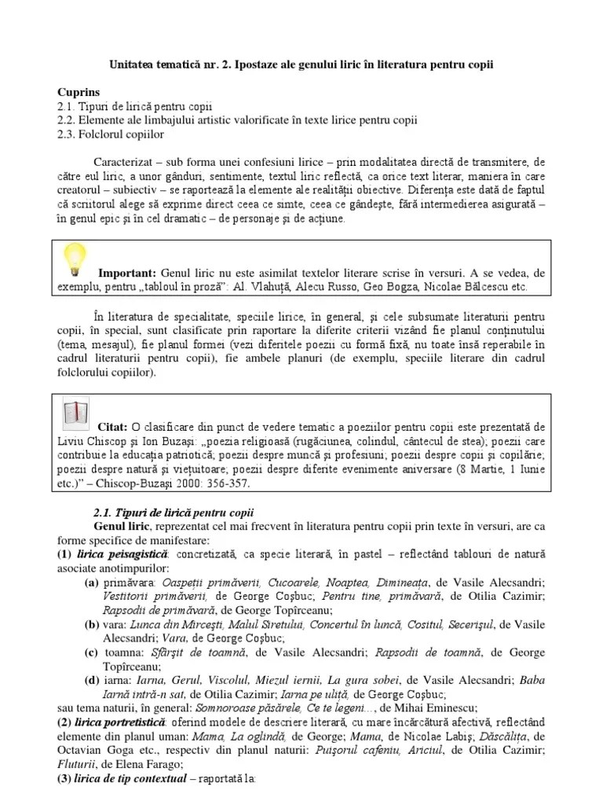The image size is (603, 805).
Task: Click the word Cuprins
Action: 79,92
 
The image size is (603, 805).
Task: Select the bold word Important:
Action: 127,272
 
